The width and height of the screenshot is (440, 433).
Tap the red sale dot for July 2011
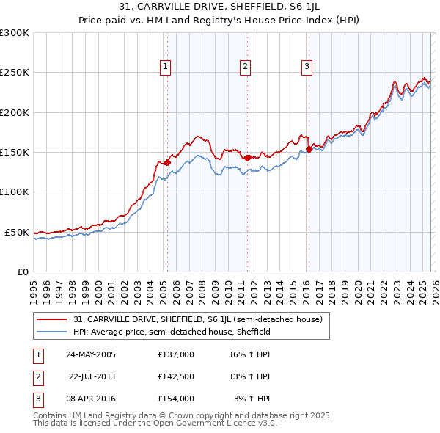click(x=247, y=158)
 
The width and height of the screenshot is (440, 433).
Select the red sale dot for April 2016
click(x=309, y=149)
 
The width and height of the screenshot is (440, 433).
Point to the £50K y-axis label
click(x=17, y=232)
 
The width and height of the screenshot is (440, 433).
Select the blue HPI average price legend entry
click(x=172, y=332)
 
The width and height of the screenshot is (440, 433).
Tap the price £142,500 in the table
click(x=176, y=376)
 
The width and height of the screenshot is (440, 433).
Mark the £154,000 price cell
click(x=176, y=399)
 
